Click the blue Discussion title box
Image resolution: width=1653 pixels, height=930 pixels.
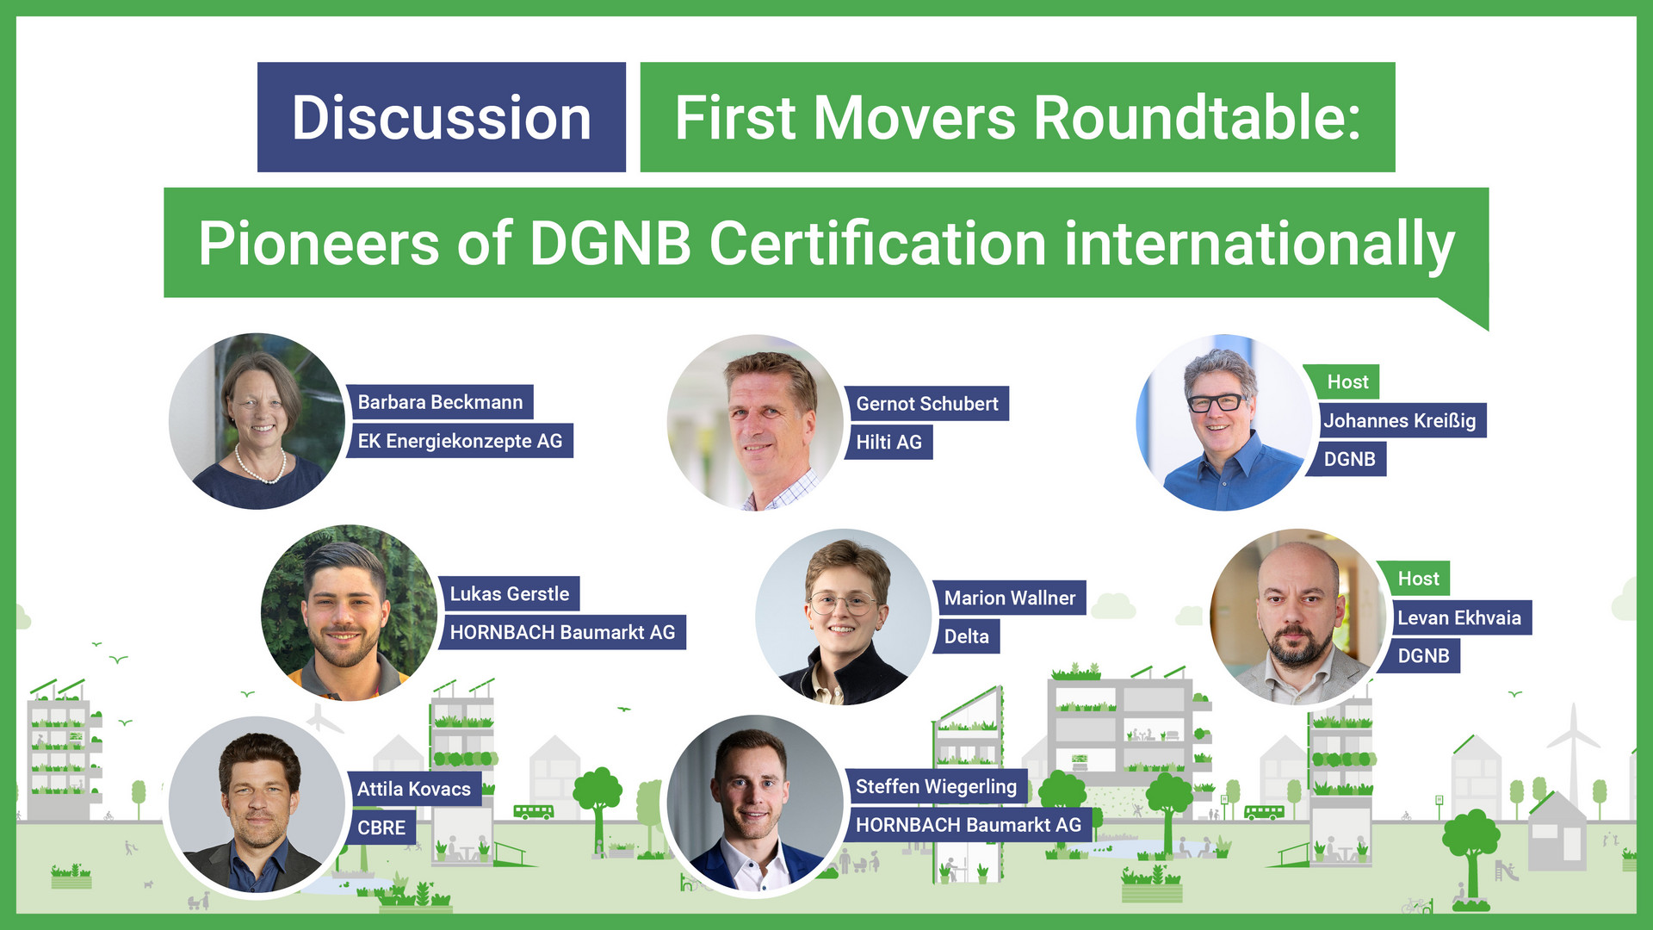click(441, 117)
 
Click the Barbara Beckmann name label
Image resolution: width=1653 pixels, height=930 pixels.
click(440, 402)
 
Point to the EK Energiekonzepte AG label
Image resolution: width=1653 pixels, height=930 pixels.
click(460, 441)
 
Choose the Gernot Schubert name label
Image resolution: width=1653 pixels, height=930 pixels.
click(926, 404)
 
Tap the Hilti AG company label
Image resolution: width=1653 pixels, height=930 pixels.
click(888, 443)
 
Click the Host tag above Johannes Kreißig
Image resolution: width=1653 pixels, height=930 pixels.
click(1347, 381)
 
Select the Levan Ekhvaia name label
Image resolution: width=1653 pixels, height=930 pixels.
click(1458, 617)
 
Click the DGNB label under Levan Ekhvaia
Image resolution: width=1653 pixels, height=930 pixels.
click(1423, 656)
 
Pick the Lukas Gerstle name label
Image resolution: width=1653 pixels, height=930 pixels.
click(509, 594)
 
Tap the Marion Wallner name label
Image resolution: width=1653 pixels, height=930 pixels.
click(1009, 598)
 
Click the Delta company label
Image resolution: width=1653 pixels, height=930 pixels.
click(966, 637)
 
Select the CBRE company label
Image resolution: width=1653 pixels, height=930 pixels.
click(381, 828)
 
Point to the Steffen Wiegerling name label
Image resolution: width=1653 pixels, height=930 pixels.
click(936, 786)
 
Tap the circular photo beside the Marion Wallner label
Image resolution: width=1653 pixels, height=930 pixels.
click(843, 617)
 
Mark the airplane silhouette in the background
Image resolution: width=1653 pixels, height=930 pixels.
click(322, 719)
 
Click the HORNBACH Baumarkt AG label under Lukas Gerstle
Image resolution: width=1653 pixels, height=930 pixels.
click(562, 633)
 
